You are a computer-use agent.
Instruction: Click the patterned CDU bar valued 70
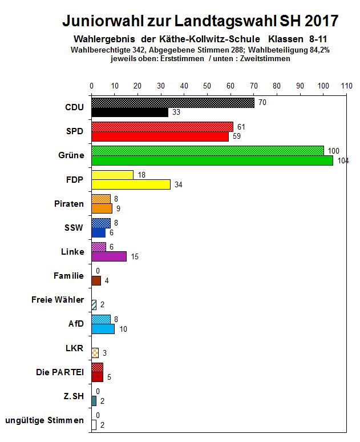[x=173, y=103]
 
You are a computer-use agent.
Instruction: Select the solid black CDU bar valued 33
[x=130, y=112]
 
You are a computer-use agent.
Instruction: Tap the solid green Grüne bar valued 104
[x=212, y=160]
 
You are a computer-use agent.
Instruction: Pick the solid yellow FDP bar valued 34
[x=131, y=184]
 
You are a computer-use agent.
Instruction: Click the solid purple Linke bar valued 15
[x=109, y=256]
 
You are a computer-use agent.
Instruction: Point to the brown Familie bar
[x=96, y=280]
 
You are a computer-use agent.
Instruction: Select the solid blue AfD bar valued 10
[x=103, y=329]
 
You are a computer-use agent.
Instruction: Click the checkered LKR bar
[x=95, y=353]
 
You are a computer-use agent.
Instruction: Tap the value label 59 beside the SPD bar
[x=236, y=136]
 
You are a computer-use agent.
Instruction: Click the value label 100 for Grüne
[x=333, y=150]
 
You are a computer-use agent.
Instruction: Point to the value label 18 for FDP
[x=141, y=175]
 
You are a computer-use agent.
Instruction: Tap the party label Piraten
[x=68, y=204]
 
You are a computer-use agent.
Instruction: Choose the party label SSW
[x=74, y=228]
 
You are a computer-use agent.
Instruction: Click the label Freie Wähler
[x=58, y=300]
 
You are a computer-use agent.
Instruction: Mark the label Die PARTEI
[x=60, y=372]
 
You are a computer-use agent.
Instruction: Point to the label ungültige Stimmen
[x=45, y=421]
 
